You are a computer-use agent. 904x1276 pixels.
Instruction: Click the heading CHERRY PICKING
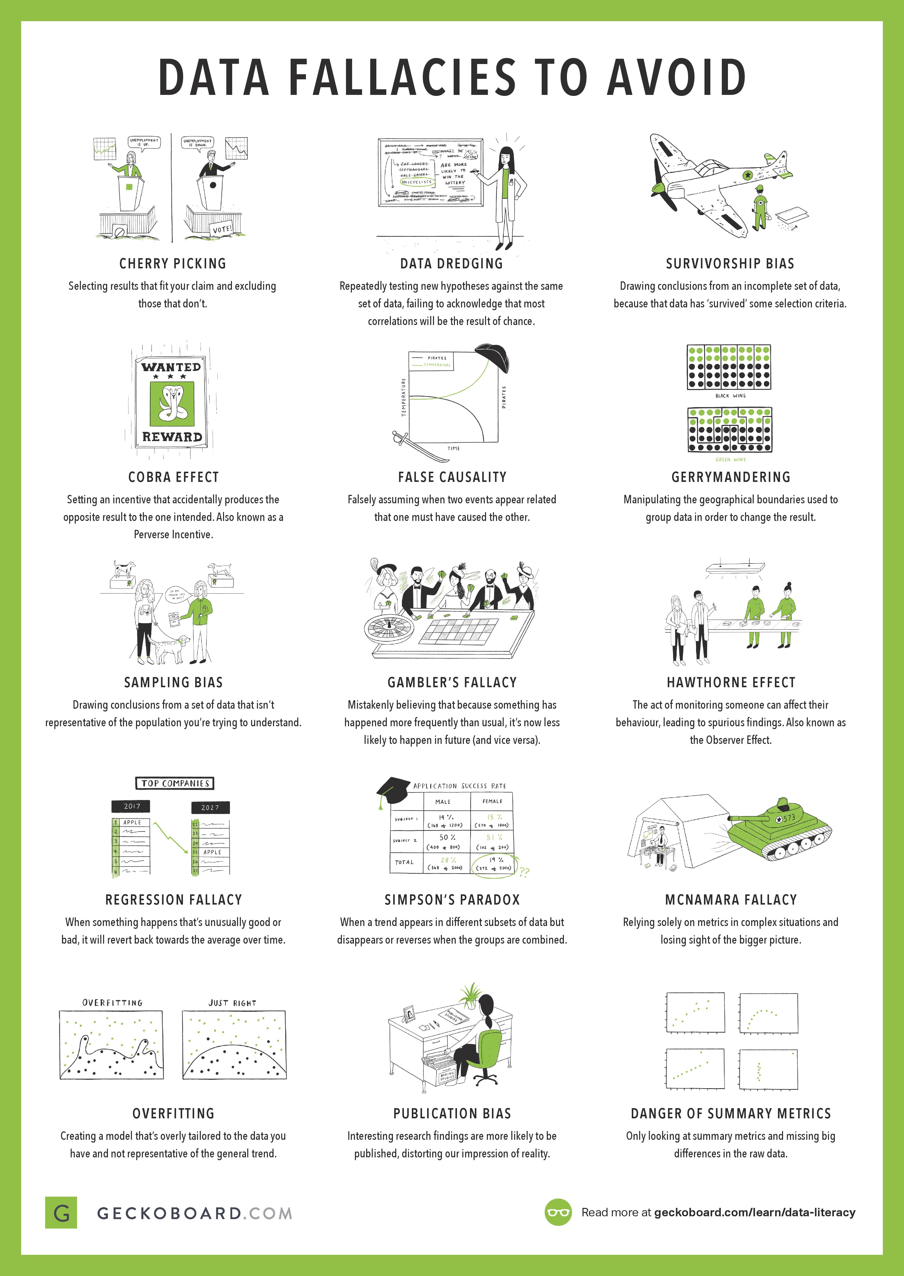[172, 264]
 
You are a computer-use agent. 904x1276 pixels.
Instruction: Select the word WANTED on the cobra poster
[171, 367]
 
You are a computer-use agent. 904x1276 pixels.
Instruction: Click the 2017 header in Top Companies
[132, 806]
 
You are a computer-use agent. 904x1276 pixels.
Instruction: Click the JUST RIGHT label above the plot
[232, 1003]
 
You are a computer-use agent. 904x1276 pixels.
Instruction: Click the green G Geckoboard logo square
[61, 1212]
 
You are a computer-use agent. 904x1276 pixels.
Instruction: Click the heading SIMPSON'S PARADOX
[452, 900]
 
